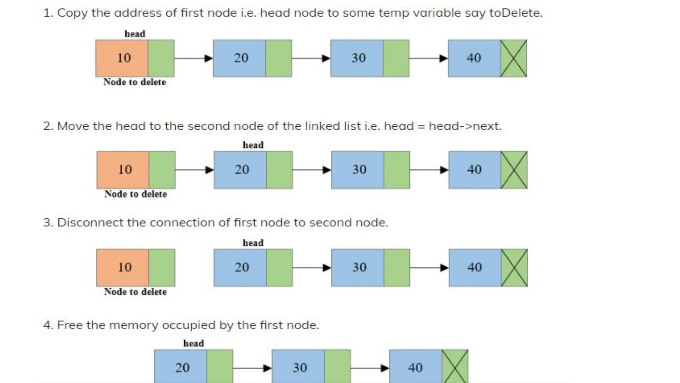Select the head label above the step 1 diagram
pyautogui.click(x=135, y=34)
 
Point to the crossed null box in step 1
pyautogui.click(x=513, y=58)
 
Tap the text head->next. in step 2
pyautogui.click(x=465, y=126)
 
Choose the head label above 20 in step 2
pyautogui.click(x=253, y=145)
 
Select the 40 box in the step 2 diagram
pyautogui.click(x=474, y=170)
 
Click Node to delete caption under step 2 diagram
pyautogui.click(x=135, y=194)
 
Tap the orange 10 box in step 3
pyautogui.click(x=123, y=268)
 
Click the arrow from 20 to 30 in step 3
pyautogui.click(x=311, y=268)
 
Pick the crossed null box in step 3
pyautogui.click(x=514, y=268)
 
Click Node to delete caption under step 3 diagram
pyautogui.click(x=135, y=292)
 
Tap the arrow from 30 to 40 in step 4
pyautogui.click(x=370, y=368)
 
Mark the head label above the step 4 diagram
pyautogui.click(x=194, y=343)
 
